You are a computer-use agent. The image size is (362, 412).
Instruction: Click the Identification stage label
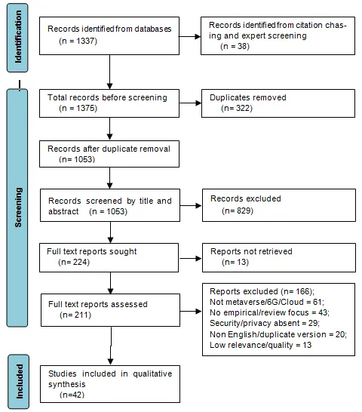[x=18, y=37]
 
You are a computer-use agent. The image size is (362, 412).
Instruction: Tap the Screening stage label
[x=18, y=208]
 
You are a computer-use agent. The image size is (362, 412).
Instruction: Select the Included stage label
[x=19, y=381]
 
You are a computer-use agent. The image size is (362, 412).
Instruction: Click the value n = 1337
[x=78, y=41]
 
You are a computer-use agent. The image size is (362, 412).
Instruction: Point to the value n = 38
[x=235, y=46]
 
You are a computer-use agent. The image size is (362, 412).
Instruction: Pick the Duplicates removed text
[x=247, y=97]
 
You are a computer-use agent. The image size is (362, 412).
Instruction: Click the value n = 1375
[x=78, y=108]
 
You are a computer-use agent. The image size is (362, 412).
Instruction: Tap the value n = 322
[x=237, y=108]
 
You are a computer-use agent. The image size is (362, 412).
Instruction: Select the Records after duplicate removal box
[x=109, y=154]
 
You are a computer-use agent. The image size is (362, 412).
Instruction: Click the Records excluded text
[x=246, y=198]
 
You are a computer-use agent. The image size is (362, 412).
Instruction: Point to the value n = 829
[x=238, y=211]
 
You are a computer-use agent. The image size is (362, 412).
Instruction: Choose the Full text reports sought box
[x=109, y=257]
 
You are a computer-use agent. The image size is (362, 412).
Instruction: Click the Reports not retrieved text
[x=251, y=251]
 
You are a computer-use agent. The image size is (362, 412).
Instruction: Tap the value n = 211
[x=75, y=315]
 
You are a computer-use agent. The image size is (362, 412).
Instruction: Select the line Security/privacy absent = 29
[x=265, y=323]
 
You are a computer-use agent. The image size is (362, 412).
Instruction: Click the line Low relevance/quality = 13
[x=260, y=345]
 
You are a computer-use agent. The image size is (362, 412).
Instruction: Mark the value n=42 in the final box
[x=72, y=395]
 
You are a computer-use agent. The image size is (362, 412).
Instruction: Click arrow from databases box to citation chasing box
[x=190, y=36]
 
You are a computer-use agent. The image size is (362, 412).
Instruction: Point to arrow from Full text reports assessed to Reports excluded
[x=191, y=312]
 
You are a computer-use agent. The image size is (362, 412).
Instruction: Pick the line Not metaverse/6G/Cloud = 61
[x=267, y=302]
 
